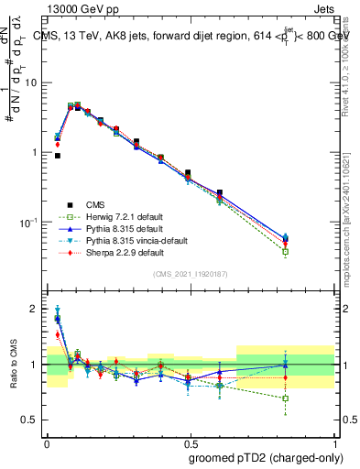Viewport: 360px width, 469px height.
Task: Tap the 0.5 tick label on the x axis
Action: tap(191, 442)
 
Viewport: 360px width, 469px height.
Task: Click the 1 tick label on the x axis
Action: tap(335, 442)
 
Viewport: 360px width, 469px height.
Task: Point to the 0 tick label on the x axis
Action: tap(46, 442)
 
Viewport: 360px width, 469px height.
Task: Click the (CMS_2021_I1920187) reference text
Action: tap(191, 274)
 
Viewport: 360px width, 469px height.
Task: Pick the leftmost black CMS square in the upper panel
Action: tap(57, 156)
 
